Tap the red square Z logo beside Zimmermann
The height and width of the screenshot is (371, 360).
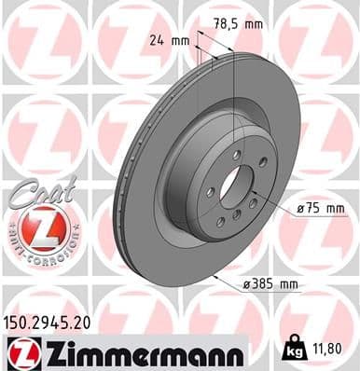tap(19, 354)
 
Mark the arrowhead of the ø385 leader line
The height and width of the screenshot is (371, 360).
tap(217, 277)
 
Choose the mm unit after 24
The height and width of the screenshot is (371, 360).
tap(181, 41)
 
